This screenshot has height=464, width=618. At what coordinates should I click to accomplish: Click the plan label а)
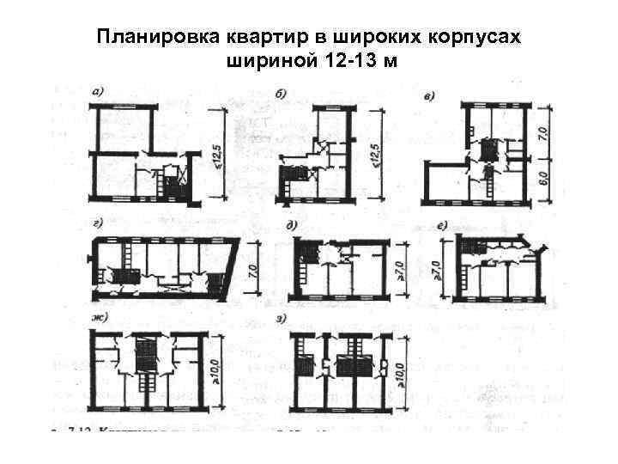tap(100, 89)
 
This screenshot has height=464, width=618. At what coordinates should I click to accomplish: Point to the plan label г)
tap(98, 224)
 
